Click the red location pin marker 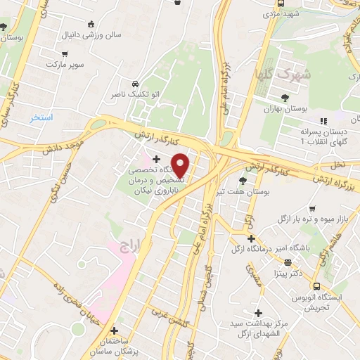pyautogui.click(x=181, y=166)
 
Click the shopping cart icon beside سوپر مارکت pyautogui.click(x=65, y=52)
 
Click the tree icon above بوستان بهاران pyautogui.click(x=285, y=98)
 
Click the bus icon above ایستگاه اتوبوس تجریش pyautogui.click(x=317, y=286)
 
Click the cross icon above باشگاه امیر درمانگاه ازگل pyautogui.click(x=251, y=238)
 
